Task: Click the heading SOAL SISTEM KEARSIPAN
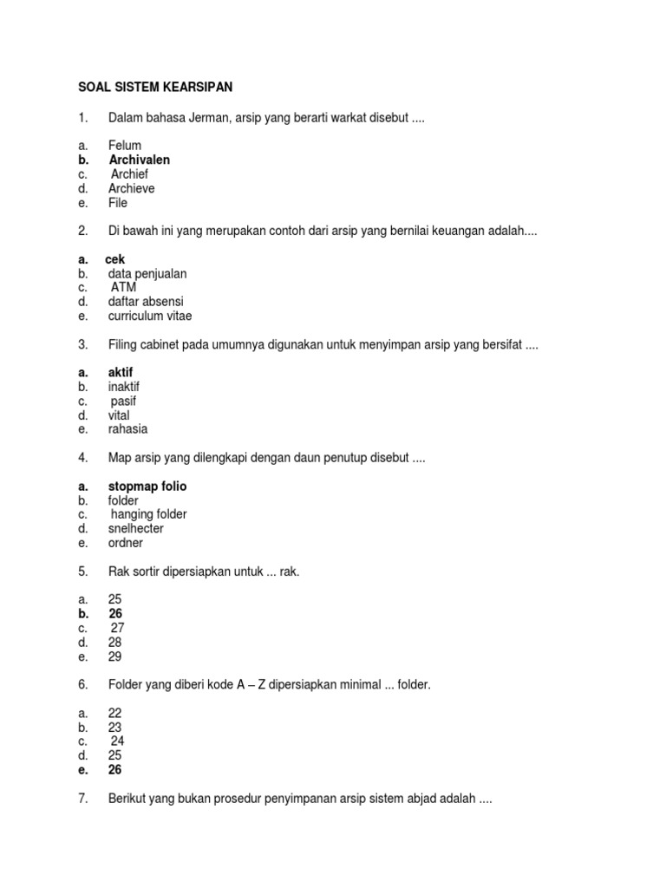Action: [x=155, y=88]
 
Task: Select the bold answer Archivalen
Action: [x=140, y=160]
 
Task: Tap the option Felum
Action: [x=125, y=146]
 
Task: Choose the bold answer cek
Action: [x=115, y=259]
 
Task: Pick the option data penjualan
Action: [x=147, y=273]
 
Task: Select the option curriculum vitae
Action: [x=150, y=316]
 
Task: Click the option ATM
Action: [x=124, y=287]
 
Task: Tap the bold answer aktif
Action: [x=121, y=372]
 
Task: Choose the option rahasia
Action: [x=127, y=428]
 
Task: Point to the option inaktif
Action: [x=124, y=386]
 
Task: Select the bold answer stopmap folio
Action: [x=147, y=486]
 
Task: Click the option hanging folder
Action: [x=149, y=514]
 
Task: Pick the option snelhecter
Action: [x=136, y=528]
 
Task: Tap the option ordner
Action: [x=126, y=543]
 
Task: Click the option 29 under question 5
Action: [x=115, y=656]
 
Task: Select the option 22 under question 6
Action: [x=115, y=713]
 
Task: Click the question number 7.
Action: [x=82, y=799]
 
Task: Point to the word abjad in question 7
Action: [x=421, y=799]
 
